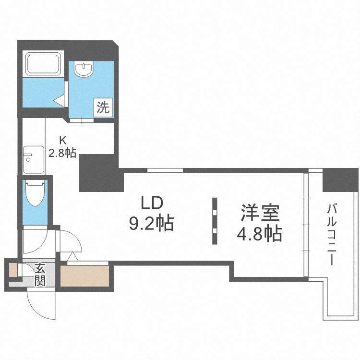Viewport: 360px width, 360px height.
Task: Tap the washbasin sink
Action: click(85, 70)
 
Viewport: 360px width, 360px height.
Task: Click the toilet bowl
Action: click(36, 193)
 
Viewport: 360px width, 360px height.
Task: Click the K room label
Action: click(62, 140)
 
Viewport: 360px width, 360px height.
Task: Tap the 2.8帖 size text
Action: click(62, 153)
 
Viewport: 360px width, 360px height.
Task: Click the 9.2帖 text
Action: click(152, 223)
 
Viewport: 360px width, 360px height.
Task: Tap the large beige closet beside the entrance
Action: click(85, 276)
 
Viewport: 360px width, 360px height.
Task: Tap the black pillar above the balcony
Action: click(340, 180)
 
